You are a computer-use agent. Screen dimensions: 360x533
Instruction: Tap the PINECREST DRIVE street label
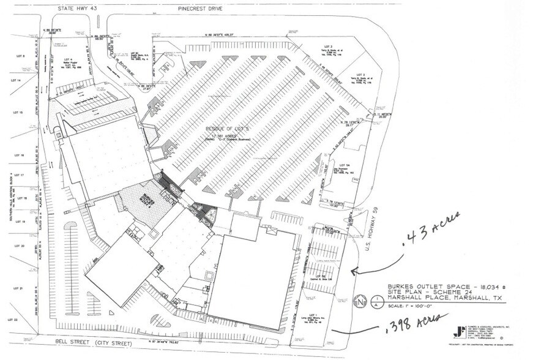(x=200, y=9)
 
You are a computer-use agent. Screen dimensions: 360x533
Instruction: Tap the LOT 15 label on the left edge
(x=17, y=113)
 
